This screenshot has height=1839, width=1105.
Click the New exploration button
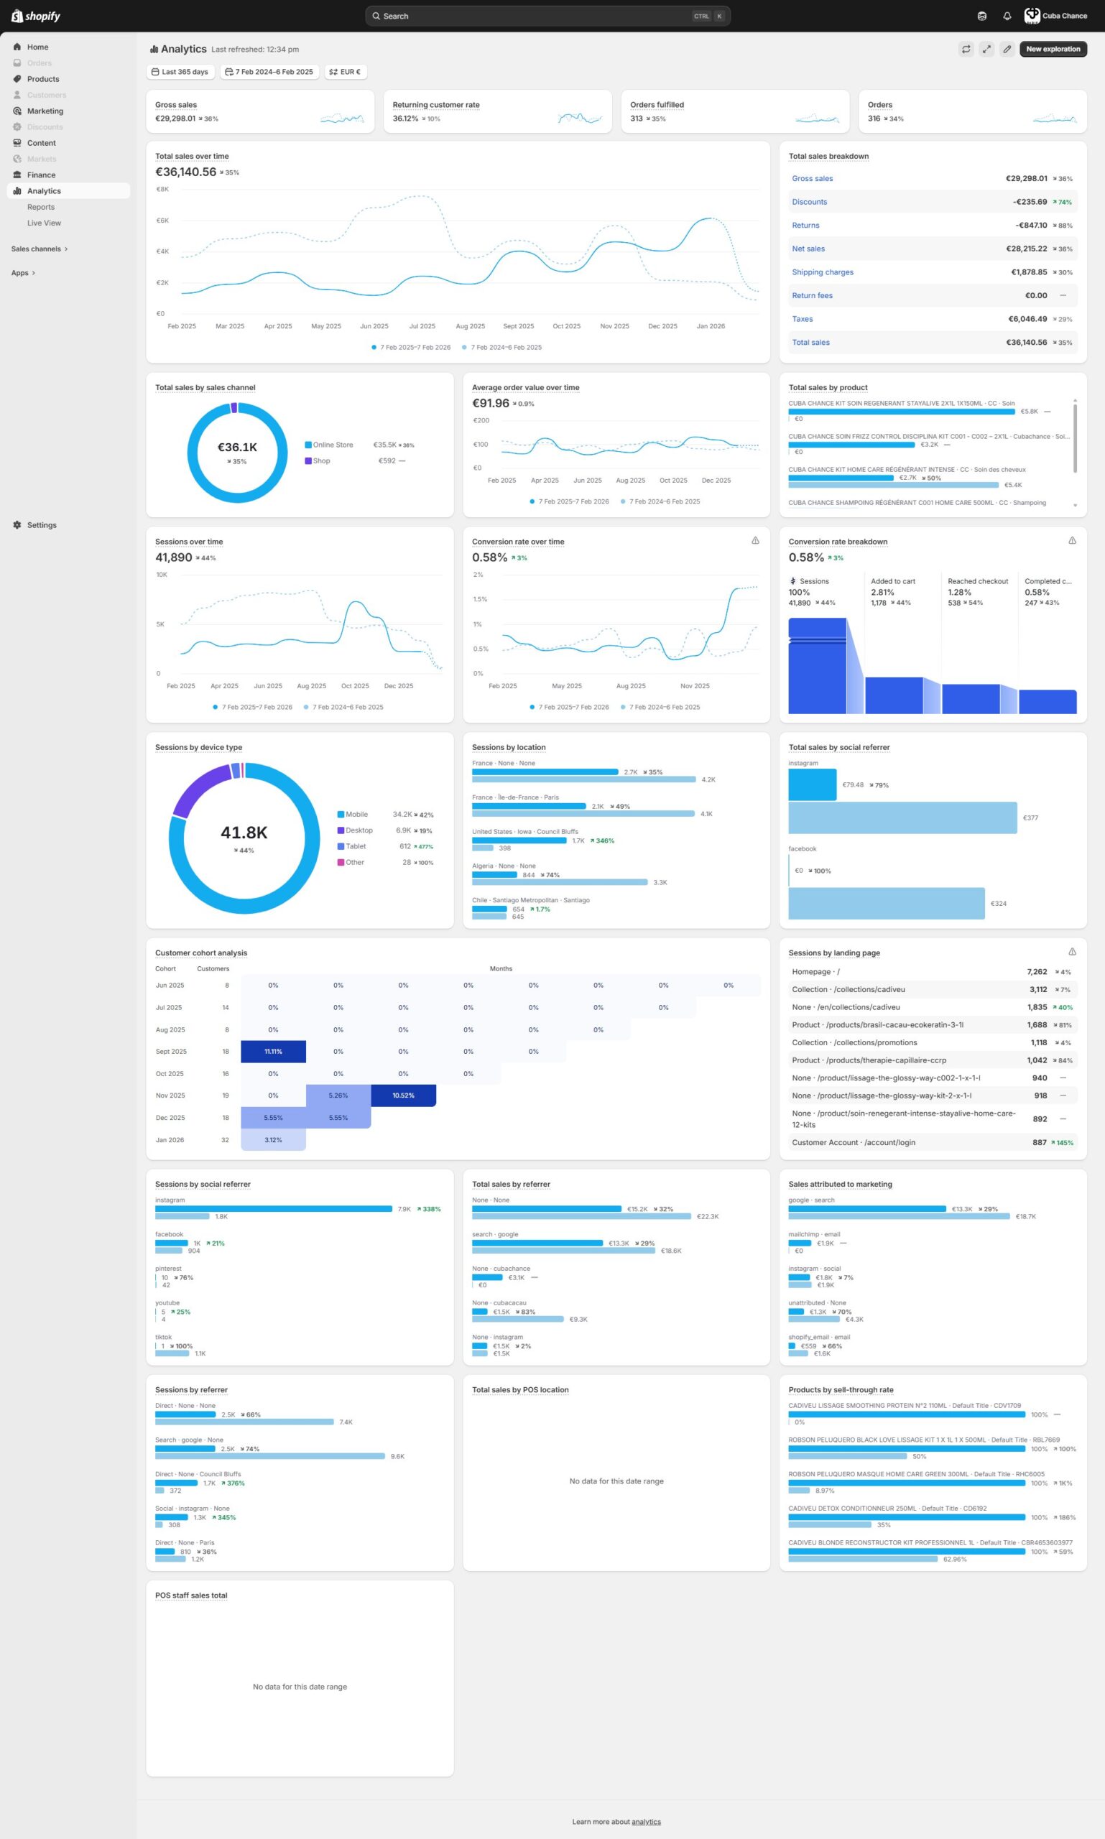[x=1052, y=49]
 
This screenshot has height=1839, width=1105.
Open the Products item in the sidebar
[x=42, y=79]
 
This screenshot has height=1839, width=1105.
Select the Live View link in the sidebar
[x=44, y=223]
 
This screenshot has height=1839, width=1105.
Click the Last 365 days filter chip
[x=180, y=73]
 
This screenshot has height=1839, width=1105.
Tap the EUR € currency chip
[x=346, y=73]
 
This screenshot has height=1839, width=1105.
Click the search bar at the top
[x=547, y=17]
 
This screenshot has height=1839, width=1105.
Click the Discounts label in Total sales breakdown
[x=809, y=202]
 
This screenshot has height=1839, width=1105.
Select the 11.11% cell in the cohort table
[x=273, y=1051]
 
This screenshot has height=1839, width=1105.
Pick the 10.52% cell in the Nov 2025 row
[x=403, y=1095]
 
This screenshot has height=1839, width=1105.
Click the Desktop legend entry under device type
[x=359, y=830]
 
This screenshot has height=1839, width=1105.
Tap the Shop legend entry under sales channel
[x=321, y=461]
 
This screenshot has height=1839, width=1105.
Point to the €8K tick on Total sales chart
[x=162, y=189]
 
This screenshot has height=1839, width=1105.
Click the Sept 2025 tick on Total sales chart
[x=518, y=326]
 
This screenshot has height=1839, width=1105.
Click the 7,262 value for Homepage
[x=1037, y=972]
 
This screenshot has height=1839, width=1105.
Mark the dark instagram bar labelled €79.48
[x=812, y=784]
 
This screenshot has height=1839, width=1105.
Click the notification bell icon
[x=1007, y=17]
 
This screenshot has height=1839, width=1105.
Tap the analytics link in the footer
[x=646, y=1822]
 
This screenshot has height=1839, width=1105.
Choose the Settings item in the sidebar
[x=42, y=525]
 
